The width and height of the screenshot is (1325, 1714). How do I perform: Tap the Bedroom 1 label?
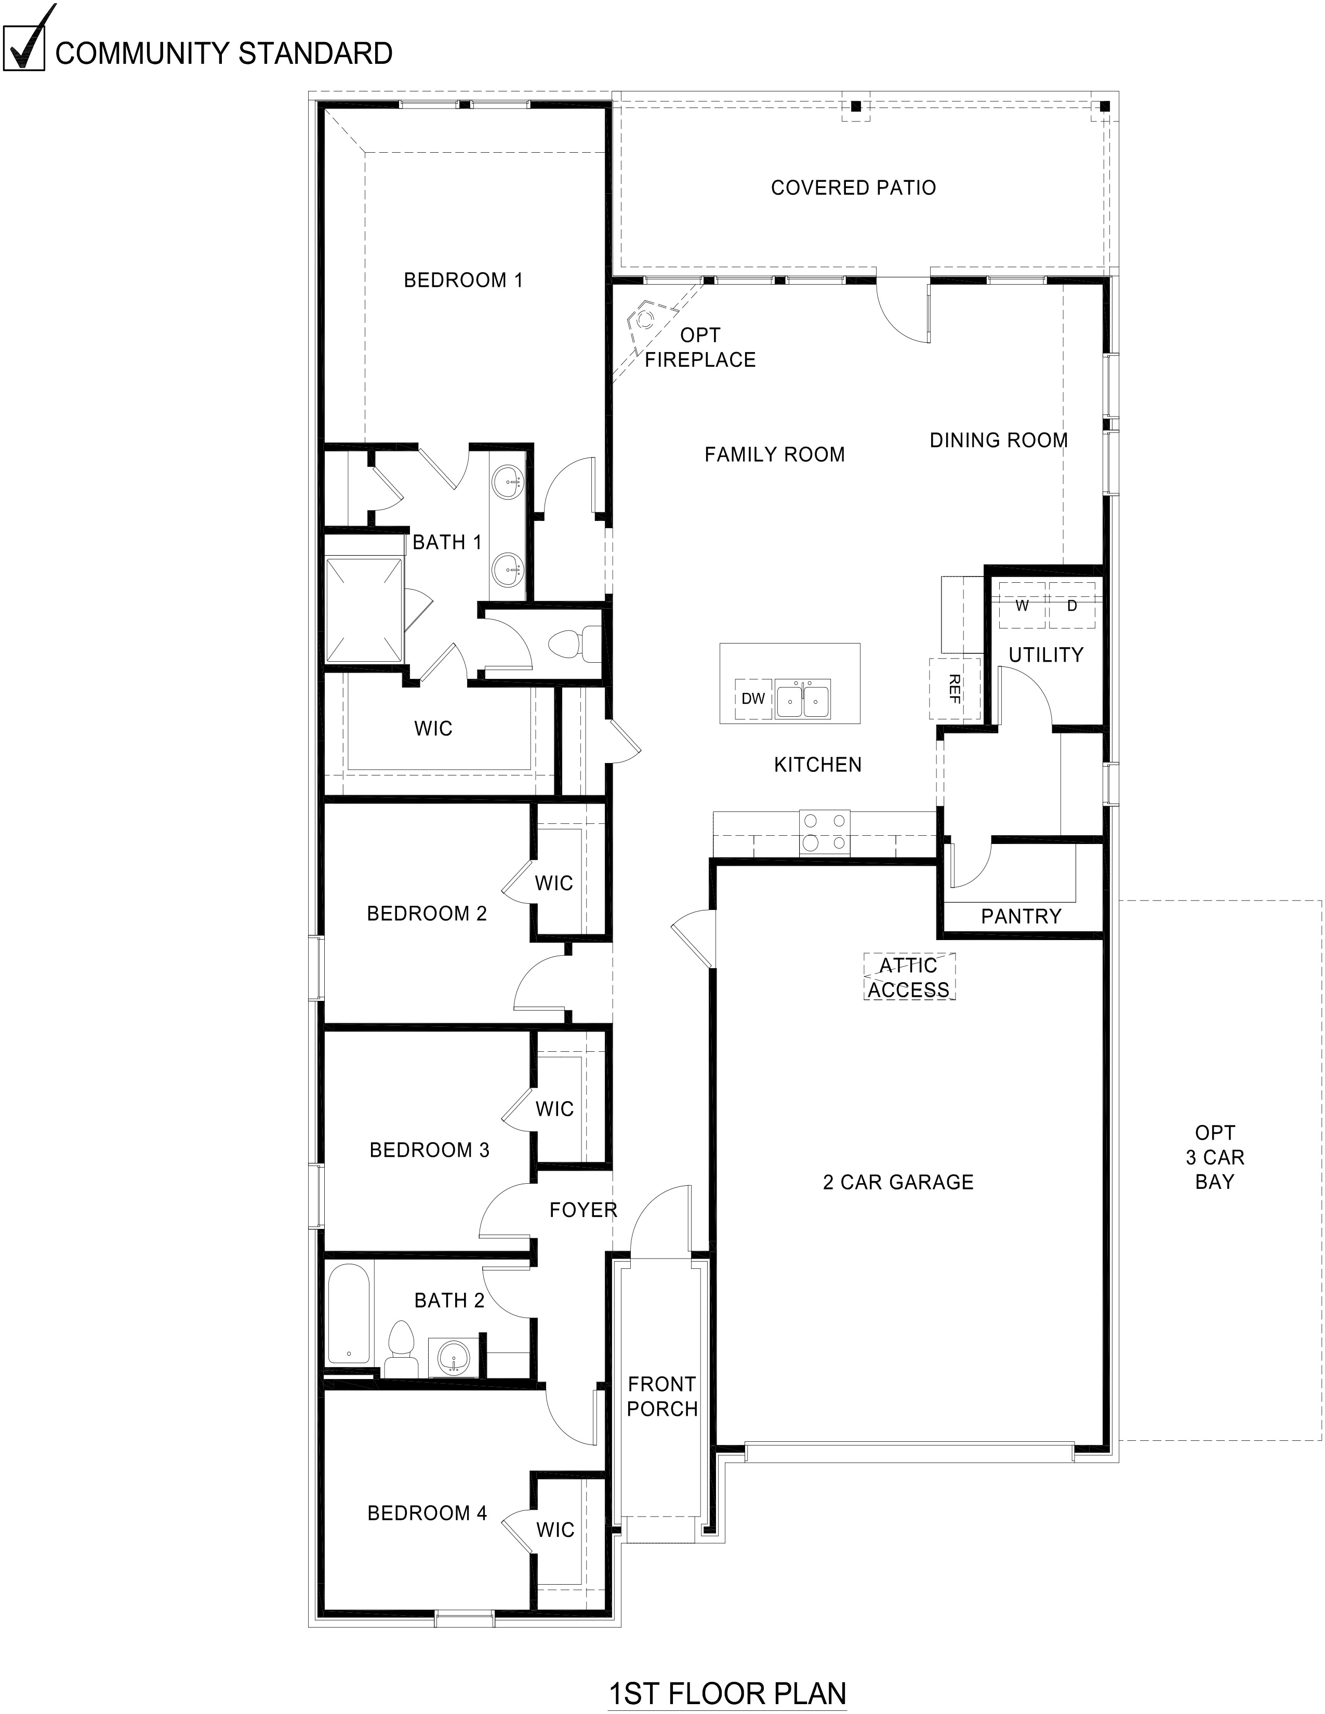point(463,280)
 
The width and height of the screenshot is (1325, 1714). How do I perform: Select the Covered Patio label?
point(853,188)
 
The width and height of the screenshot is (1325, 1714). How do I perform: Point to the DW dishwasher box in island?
point(753,699)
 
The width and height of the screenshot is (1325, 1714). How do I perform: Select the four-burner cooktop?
point(824,832)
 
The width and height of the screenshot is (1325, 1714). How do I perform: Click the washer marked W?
point(1022,605)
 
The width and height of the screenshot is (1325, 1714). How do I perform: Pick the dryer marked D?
point(1071,605)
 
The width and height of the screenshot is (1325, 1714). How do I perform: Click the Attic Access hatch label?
point(909,977)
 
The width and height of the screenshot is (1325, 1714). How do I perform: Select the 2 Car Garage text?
point(898,1182)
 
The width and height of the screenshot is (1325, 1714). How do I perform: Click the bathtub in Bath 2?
point(348,1312)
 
